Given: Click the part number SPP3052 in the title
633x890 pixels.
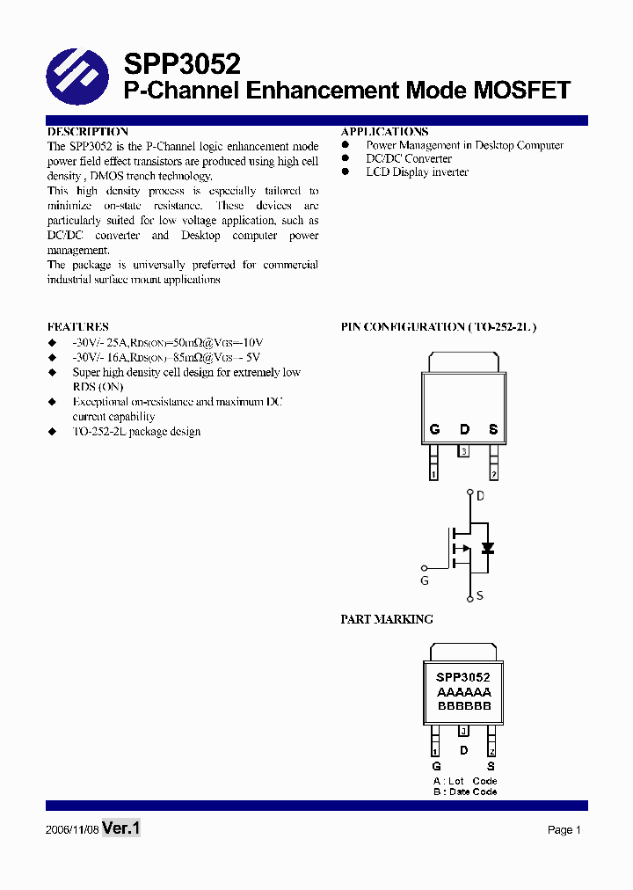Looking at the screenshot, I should [181, 63].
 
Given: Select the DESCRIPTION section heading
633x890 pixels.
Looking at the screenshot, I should [87, 131].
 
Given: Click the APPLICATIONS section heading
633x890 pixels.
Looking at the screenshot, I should [384, 131].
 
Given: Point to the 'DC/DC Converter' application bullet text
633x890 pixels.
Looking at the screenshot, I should [409, 158].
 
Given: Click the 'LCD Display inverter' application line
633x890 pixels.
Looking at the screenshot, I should [417, 172].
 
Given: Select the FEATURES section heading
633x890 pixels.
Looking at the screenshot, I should [77, 326].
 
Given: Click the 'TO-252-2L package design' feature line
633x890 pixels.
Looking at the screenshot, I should [136, 432].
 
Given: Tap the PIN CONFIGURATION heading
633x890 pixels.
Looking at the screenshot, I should [438, 326].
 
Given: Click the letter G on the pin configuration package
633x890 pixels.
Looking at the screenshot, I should [434, 430].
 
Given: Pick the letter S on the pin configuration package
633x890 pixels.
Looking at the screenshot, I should [493, 430].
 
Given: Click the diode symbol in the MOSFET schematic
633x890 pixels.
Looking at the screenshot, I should [487, 548].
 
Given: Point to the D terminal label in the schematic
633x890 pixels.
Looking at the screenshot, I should [480, 496].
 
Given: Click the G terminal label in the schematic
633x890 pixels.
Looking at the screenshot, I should [424, 581].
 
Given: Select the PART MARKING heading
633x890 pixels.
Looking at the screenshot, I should [387, 619].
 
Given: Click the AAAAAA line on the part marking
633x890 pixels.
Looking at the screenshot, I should [463, 692].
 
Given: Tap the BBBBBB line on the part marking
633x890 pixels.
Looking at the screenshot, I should [463, 706].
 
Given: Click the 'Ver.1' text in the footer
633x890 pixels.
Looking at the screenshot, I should [121, 828].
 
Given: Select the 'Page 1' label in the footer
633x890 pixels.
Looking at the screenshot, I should [564, 830].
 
